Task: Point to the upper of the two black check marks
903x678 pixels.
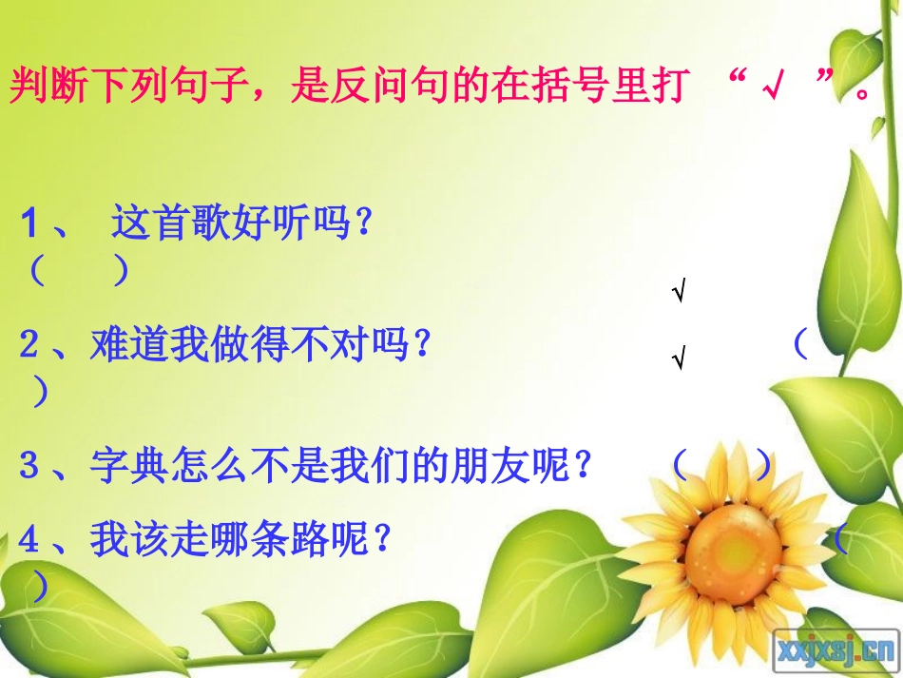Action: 679,294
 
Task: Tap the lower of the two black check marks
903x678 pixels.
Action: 679,358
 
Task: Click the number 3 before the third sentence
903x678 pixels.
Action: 29,465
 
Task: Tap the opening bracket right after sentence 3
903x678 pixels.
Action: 680,465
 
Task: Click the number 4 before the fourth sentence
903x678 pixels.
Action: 29,540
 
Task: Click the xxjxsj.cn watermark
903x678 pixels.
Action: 836,649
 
